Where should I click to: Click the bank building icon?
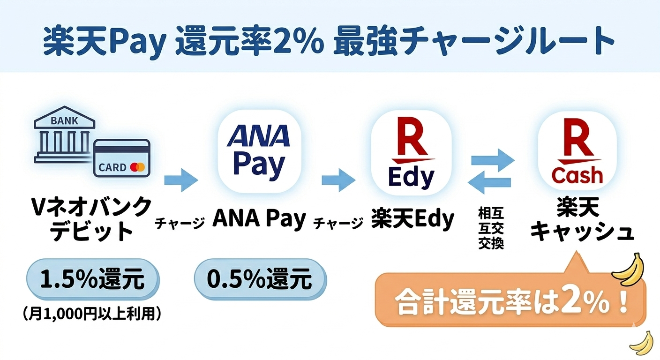click(65, 135)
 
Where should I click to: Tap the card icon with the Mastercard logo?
click(122, 158)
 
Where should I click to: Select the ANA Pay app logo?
click(259, 151)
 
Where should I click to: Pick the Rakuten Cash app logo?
click(577, 151)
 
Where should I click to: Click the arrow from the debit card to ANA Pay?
click(181, 180)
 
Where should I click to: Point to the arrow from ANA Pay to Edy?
click(338, 180)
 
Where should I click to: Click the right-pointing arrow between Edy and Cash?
click(493, 160)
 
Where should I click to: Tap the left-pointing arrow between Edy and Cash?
click(489, 182)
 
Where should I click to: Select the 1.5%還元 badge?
click(93, 279)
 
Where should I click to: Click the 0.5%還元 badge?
click(260, 279)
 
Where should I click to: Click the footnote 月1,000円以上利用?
click(92, 315)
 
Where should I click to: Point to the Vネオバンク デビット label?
click(91, 218)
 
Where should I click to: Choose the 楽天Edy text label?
click(412, 219)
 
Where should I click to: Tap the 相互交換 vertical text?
click(491, 228)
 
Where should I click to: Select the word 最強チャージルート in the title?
click(474, 41)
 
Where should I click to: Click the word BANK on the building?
click(64, 120)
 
